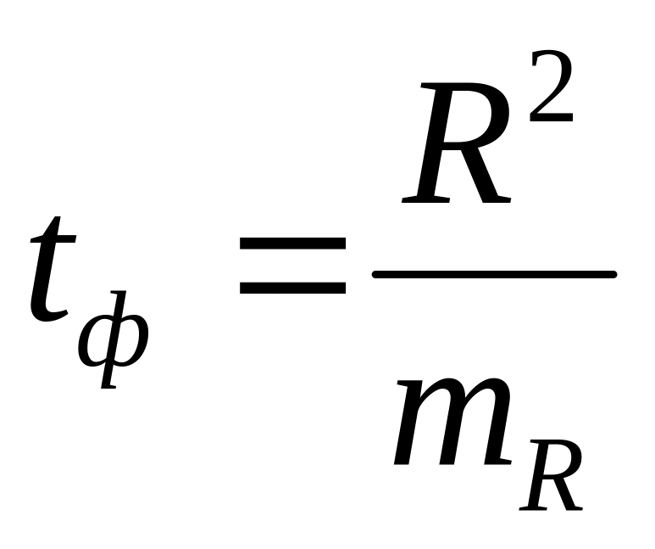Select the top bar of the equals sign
click(293, 244)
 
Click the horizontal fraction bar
click(494, 274)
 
